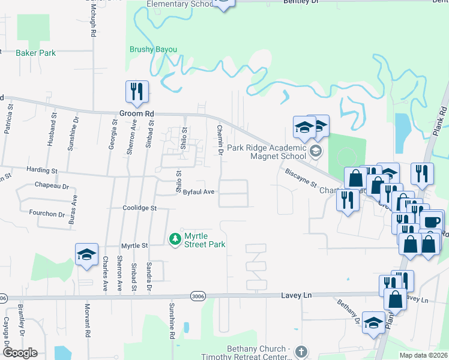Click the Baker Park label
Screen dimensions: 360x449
pos(36,53)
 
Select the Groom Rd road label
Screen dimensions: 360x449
pos(136,113)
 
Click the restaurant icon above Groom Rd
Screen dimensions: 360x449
pos(136,92)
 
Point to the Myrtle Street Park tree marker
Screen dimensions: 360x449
pos(175,239)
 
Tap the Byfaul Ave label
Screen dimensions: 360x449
pos(199,192)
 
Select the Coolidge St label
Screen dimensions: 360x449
pos(139,208)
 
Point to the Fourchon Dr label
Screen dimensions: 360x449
pos(47,214)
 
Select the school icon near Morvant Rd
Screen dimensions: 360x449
pos(86,254)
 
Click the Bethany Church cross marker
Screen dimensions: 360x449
pos(301,351)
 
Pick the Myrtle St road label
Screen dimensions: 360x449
pos(134,245)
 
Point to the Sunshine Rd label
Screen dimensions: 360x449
pos(171,327)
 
